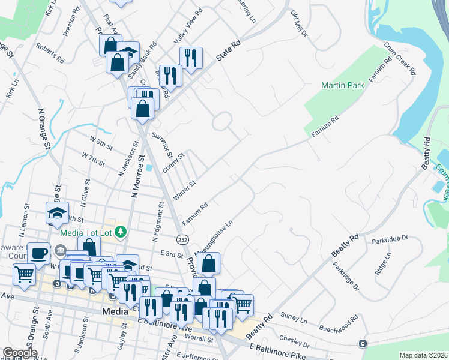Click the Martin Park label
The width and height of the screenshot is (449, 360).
[342, 86]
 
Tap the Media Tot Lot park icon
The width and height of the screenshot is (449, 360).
[121, 231]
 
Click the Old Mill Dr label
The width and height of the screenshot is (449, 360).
[298, 23]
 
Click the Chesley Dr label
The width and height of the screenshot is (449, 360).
[294, 341]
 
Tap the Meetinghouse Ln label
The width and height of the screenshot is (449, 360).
[215, 236]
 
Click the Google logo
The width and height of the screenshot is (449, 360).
[19, 353]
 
